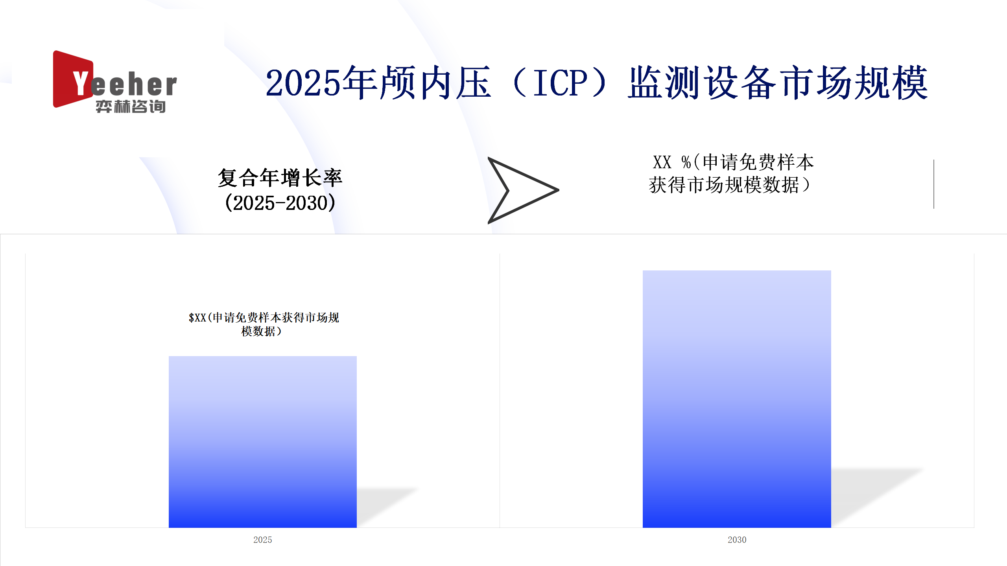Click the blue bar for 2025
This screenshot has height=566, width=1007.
(263, 442)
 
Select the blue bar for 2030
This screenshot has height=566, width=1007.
(737, 399)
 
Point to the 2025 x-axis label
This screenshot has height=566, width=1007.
(263, 540)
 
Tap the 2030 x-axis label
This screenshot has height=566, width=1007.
(737, 540)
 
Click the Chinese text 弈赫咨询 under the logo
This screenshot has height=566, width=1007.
(131, 107)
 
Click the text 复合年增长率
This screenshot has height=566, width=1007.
(280, 178)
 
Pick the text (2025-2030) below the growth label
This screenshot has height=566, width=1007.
(280, 203)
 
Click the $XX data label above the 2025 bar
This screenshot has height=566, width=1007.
(264, 324)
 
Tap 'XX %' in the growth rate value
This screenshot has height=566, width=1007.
(671, 162)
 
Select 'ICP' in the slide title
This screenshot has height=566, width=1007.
(561, 83)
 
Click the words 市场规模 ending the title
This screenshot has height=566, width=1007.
(854, 83)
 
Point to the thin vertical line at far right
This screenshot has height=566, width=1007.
(934, 184)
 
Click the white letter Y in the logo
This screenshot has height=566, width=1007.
(82, 83)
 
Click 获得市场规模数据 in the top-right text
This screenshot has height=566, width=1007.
(724, 185)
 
